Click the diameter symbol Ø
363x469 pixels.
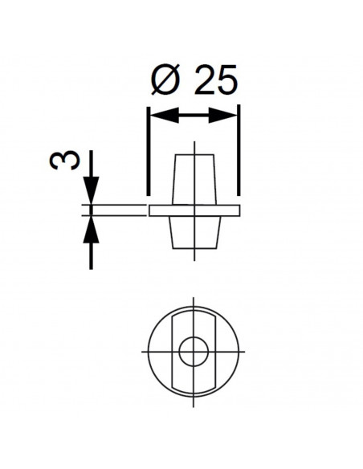pyautogui.click(x=166, y=80)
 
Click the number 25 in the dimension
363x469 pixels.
pyautogui.click(x=216, y=80)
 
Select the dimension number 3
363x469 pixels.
pyautogui.click(x=65, y=160)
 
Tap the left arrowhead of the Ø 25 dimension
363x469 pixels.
pyautogui.click(x=165, y=115)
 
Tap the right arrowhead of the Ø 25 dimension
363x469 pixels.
pyautogui.click(x=222, y=115)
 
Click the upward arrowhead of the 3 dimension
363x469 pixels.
pyautogui.click(x=92, y=230)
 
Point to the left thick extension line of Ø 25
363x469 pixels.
pyautogui.click(x=148, y=151)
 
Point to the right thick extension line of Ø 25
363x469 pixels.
pyautogui.click(x=239, y=150)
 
